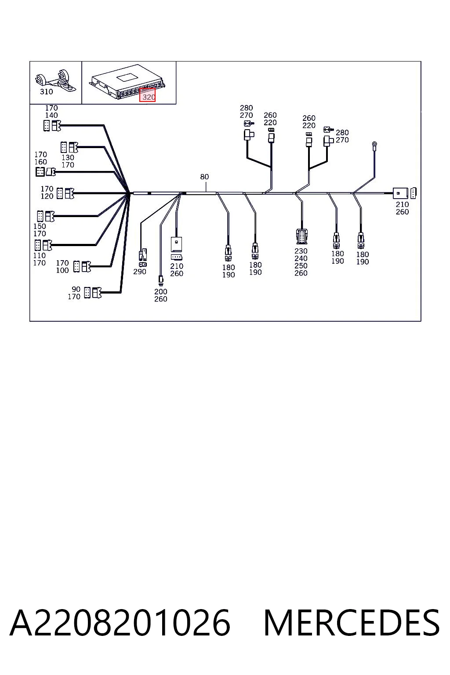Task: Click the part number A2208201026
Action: [120, 623]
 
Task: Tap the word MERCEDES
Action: [352, 623]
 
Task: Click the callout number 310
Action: [47, 91]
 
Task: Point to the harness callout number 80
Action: [204, 177]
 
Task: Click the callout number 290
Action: [140, 272]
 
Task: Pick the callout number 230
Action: [301, 251]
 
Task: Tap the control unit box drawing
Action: [128, 81]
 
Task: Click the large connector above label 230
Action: [302, 236]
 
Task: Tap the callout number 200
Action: [161, 292]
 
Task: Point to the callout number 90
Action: [76, 289]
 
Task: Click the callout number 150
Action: [40, 226]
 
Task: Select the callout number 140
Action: [51, 115]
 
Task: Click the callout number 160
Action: [41, 162]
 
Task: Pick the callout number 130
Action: [68, 158]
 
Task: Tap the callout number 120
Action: [47, 196]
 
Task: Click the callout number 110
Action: [40, 255]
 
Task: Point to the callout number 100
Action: [62, 270]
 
